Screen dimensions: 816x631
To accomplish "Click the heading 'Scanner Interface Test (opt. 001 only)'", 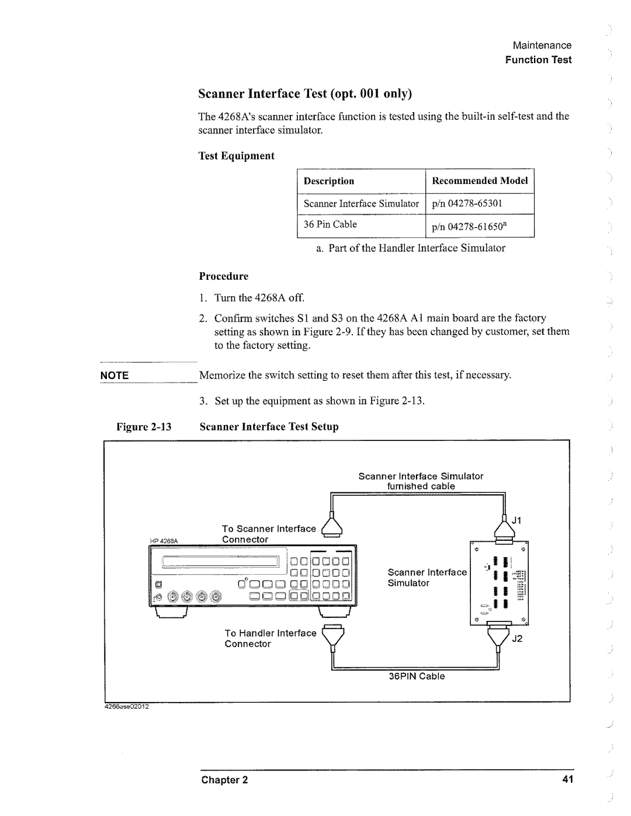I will pyautogui.click(x=306, y=93).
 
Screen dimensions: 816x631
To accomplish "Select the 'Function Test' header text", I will pyautogui.click(x=538, y=60).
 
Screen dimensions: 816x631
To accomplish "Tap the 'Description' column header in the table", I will pyautogui.click(x=329, y=181).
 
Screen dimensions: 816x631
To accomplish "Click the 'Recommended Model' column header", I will pyautogui.click(x=480, y=180).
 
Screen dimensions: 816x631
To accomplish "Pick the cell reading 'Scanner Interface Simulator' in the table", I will pyautogui.click(x=361, y=203).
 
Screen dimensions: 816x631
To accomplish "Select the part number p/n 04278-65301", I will pyautogui.click(x=467, y=203).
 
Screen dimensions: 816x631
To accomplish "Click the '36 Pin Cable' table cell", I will pyautogui.click(x=330, y=224).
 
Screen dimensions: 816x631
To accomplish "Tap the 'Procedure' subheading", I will pyautogui.click(x=224, y=276).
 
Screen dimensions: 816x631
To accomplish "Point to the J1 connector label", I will pyautogui.click(x=516, y=520).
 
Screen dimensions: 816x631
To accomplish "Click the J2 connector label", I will pyautogui.click(x=518, y=638).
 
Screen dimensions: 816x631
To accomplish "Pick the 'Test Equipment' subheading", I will pyautogui.click(x=237, y=155).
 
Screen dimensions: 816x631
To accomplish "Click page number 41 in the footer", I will pyautogui.click(x=566, y=780).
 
